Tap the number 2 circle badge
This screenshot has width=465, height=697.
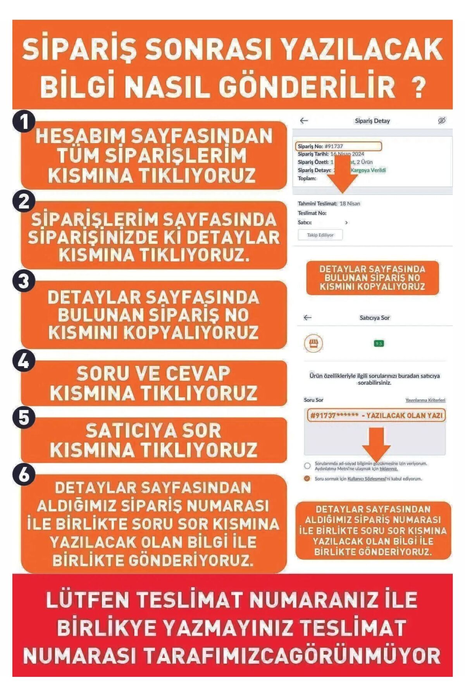(24, 202)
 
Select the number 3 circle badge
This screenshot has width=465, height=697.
(24, 281)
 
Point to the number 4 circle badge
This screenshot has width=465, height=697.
(24, 361)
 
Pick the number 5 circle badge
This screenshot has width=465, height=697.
(24, 418)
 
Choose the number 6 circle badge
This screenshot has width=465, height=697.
(24, 475)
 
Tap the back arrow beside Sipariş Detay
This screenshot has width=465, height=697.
(304, 121)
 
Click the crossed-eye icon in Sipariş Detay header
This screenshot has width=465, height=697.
(442, 121)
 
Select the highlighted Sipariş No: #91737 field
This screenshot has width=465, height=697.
(339, 146)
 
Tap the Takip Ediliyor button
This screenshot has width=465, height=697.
(320, 235)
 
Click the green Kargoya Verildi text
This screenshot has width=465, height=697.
(368, 170)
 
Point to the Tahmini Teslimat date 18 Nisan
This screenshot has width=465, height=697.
(350, 204)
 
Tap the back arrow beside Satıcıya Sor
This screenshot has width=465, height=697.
(308, 318)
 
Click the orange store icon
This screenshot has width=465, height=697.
(313, 343)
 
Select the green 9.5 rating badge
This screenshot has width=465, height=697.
(379, 343)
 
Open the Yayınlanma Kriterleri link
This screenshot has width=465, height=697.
(425, 400)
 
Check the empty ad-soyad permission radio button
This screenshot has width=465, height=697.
(307, 466)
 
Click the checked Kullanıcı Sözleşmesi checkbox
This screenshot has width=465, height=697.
(307, 479)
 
